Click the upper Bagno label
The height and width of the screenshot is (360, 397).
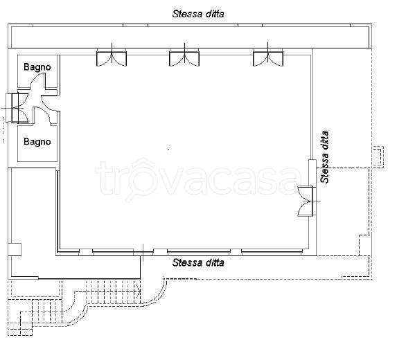[37, 67]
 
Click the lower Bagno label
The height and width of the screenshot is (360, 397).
[37, 142]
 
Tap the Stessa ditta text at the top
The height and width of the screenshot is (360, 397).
[198, 14]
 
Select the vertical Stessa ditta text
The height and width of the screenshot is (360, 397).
[324, 157]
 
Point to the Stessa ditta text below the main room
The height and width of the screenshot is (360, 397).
[198, 262]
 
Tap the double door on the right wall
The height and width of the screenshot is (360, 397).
[307, 201]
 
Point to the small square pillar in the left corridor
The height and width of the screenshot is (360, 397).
[15, 249]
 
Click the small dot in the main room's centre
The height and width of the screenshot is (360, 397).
[169, 149]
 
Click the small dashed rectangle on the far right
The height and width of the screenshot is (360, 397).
[378, 156]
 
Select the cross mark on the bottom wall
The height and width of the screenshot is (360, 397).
[143, 253]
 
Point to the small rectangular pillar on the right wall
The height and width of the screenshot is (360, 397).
[312, 173]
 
